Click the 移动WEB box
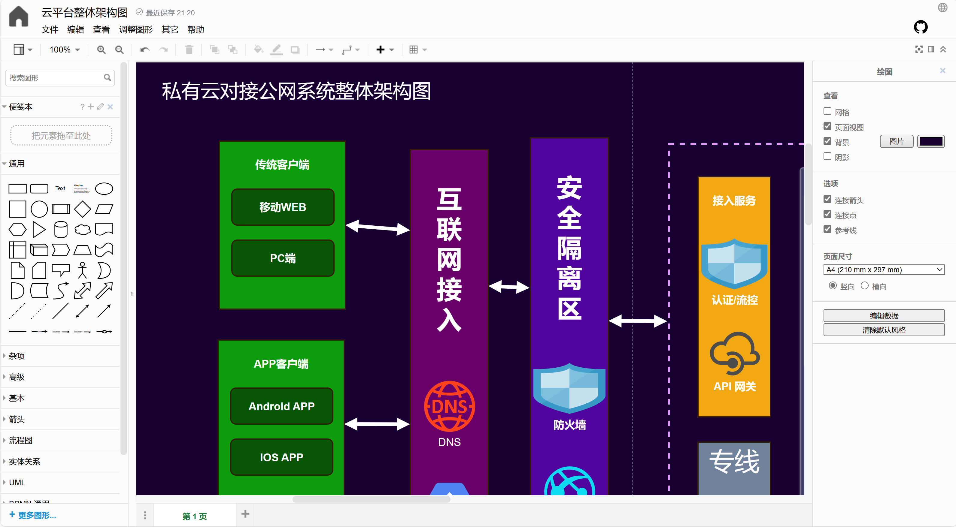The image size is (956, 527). tap(282, 207)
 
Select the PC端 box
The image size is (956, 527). tap(282, 258)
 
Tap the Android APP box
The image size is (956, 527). tap(281, 406)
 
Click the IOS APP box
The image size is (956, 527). tap(281, 457)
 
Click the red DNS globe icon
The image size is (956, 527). tap(449, 406)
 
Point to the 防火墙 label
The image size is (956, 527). tap(569, 425)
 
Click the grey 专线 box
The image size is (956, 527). tap(734, 467)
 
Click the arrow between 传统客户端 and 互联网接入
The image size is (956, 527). tap(378, 227)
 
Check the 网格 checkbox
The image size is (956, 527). tap(827, 111)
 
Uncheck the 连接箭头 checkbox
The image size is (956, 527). tap(827, 199)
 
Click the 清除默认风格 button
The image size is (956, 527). tap(884, 330)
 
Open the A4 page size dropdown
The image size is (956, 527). tap(884, 270)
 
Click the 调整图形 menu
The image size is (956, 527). tap(135, 30)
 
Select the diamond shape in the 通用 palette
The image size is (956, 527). tap(82, 209)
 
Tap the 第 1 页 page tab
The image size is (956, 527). tap(194, 516)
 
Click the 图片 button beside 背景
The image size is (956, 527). tap(896, 141)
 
